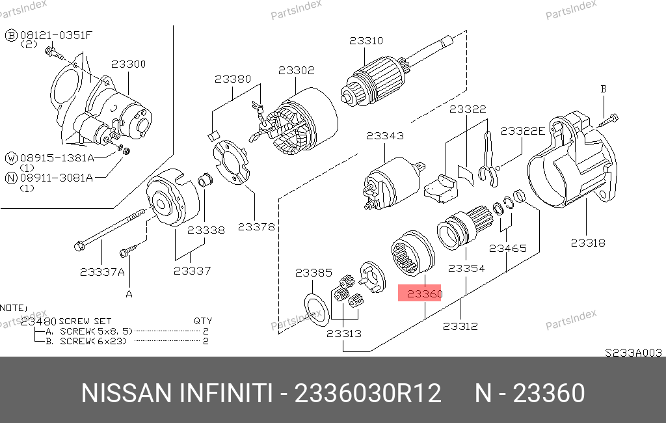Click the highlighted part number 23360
click(424, 293)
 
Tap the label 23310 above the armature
click(366, 41)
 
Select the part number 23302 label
click(297, 70)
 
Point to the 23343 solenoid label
click(385, 136)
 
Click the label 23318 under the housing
click(588, 243)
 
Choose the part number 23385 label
click(313, 273)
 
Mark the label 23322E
click(522, 131)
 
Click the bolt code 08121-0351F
click(56, 35)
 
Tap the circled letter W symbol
click(11, 158)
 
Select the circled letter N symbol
click(11, 178)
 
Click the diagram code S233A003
click(633, 353)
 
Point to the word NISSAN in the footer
click(127, 393)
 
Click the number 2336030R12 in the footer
click(368, 393)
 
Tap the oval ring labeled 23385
click(317, 310)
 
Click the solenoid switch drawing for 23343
click(393, 183)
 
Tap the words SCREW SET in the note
click(85, 321)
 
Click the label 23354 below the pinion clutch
click(466, 269)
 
